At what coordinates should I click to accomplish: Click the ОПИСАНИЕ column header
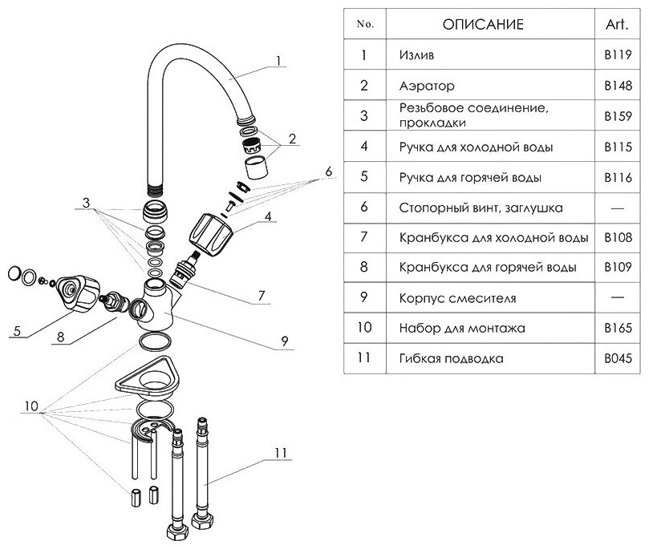[483, 25]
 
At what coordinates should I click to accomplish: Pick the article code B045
[618, 358]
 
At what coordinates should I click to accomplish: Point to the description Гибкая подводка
[451, 358]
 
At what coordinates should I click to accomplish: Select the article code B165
[618, 328]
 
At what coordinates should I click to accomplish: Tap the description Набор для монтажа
[460, 328]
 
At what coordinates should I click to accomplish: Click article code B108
[618, 237]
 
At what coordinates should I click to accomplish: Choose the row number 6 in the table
[364, 207]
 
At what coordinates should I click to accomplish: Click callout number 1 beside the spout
[278, 60]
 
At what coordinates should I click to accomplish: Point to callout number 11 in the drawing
[279, 454]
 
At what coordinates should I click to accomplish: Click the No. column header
[364, 25]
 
